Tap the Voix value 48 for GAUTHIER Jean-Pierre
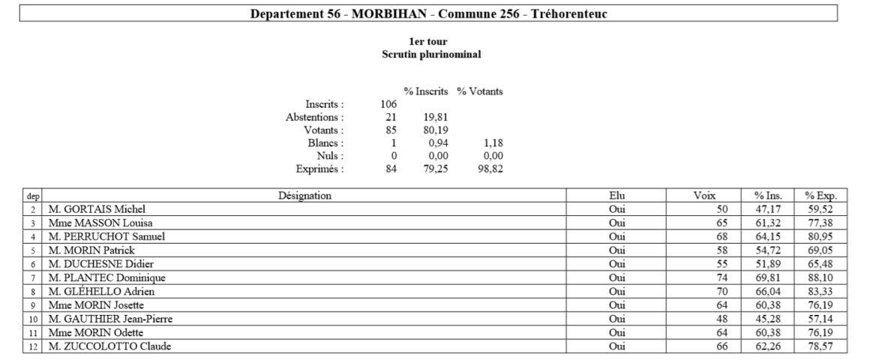(724, 318)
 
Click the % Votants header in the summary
(480, 91)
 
